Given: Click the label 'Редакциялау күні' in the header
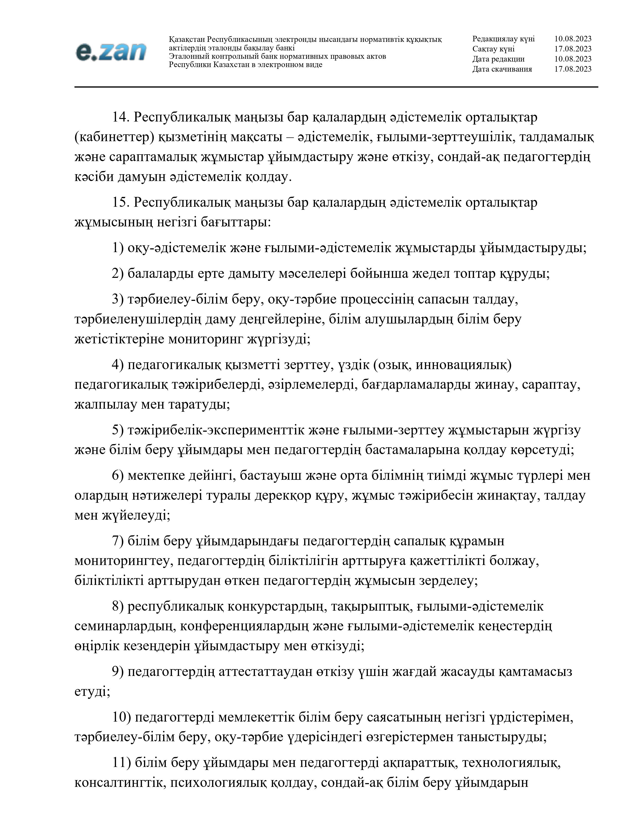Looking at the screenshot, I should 503,39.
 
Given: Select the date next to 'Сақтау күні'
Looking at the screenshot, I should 573,49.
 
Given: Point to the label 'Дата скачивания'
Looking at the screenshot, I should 502,69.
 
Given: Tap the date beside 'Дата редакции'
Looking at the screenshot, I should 573,59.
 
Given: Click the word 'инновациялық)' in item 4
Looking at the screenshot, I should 463,365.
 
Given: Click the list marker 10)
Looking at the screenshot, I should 122,717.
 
